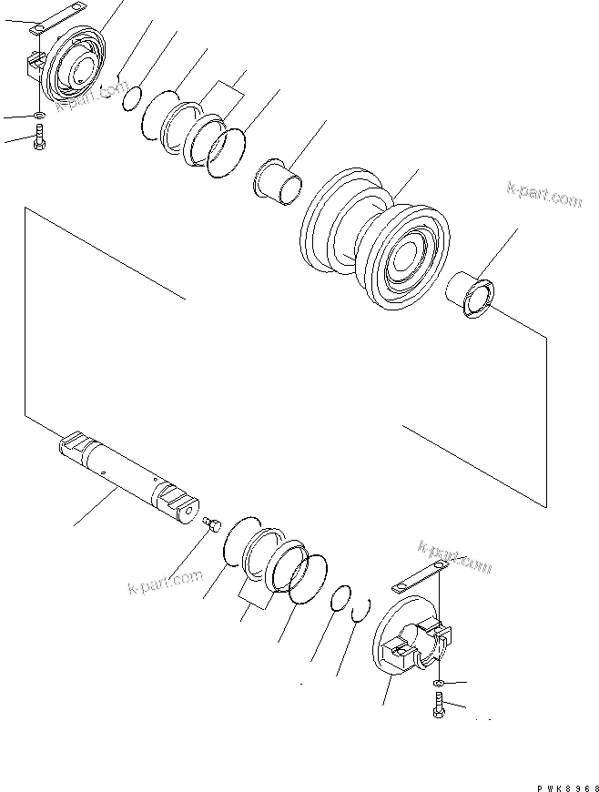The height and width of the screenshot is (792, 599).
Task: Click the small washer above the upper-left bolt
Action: click(37, 116)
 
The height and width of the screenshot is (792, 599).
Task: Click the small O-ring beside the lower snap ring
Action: click(338, 598)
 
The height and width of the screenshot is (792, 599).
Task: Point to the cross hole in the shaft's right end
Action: click(189, 514)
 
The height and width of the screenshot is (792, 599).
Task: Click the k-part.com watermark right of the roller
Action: click(544, 195)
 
